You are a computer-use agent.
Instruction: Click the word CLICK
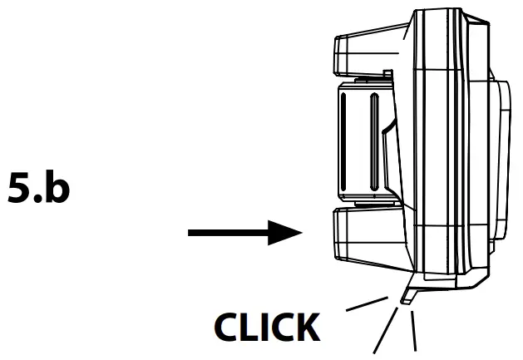click(268, 328)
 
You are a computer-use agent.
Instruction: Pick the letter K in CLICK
click(305, 328)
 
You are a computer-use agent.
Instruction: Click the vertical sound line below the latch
click(412, 331)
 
